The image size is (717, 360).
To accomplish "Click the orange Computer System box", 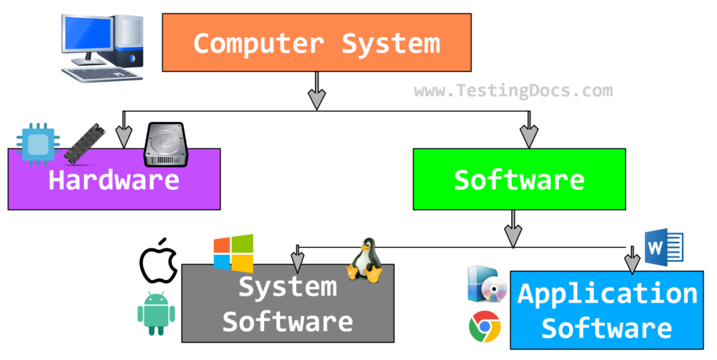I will pos(316,42).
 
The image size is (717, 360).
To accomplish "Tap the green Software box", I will pos(519,179).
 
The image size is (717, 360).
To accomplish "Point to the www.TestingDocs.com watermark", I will pos(513,90).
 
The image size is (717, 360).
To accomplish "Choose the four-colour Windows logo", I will pos(233,254).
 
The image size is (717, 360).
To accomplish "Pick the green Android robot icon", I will pos(155,313).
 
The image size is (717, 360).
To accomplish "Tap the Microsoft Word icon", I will pos(663,248).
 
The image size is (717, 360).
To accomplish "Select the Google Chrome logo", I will pos(485,326).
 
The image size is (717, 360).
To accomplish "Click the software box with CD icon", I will pos(486,284).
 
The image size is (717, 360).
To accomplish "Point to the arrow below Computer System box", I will pos(316,91).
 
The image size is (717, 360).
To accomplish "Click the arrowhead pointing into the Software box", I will pos(529,137).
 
